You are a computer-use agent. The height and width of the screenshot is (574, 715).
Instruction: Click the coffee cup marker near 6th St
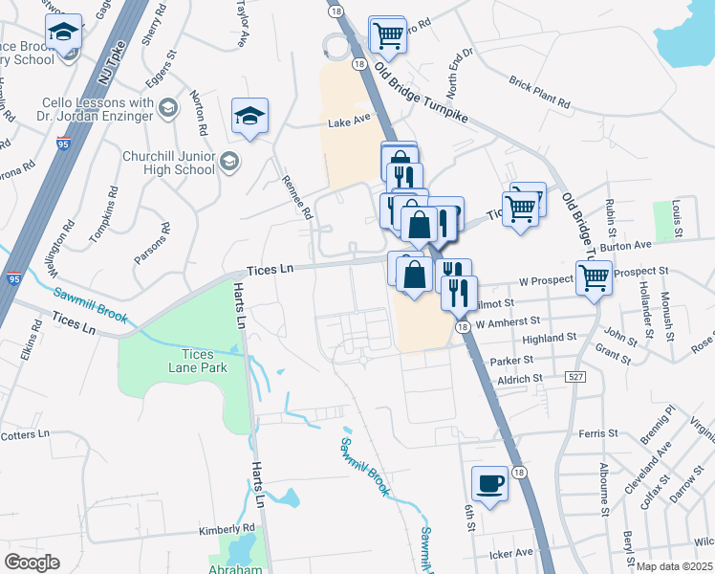(x=490, y=482)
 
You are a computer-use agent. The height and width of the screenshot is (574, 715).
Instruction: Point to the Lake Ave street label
(x=349, y=121)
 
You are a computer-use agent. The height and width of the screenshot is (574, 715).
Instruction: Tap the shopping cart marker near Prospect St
(x=594, y=277)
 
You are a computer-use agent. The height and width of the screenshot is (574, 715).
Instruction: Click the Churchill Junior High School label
(x=168, y=162)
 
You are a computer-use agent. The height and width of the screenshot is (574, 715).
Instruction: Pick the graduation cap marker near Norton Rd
(x=249, y=116)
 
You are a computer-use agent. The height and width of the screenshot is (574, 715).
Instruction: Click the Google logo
(x=32, y=563)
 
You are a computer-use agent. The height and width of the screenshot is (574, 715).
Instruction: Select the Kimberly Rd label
(x=227, y=528)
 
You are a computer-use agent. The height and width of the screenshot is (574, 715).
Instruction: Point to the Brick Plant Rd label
(x=539, y=92)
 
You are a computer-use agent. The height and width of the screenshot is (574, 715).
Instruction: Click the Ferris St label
(x=598, y=434)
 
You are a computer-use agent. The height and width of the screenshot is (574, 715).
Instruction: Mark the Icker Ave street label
(x=510, y=553)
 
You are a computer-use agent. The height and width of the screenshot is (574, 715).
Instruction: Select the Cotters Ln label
(x=25, y=434)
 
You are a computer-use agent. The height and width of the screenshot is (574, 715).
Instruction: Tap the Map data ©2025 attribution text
(x=675, y=566)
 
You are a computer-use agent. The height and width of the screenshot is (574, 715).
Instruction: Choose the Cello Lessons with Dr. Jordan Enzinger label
(x=98, y=110)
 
